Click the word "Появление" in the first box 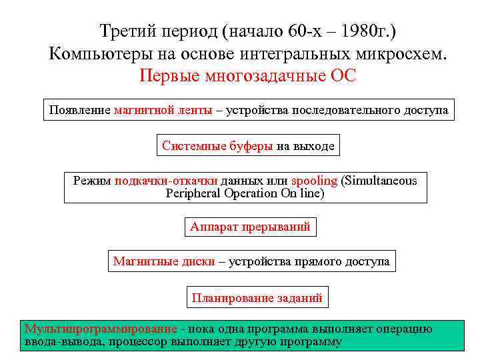79,110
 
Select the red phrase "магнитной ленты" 163,110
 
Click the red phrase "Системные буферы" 217,146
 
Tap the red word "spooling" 314,181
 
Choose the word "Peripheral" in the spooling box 194,193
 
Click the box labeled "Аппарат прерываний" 250,227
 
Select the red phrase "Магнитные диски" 164,261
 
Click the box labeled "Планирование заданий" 257,297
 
